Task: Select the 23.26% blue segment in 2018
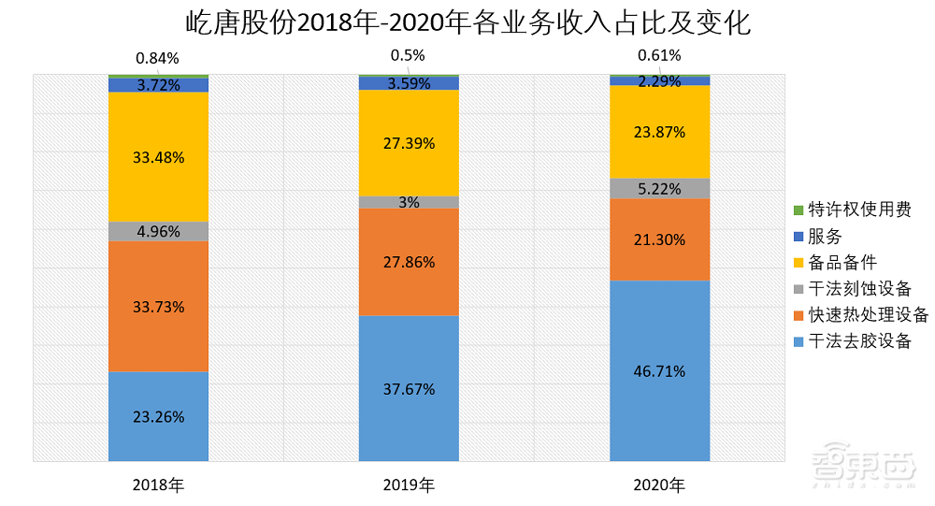click(158, 416)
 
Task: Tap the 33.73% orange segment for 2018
click(158, 307)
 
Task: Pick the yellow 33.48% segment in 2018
click(158, 156)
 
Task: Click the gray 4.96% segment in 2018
click(158, 231)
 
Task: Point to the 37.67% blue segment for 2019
click(409, 388)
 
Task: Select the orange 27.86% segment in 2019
click(409, 262)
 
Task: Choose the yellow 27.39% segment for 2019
click(409, 143)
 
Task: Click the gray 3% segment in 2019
click(409, 202)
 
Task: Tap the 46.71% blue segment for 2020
click(659, 370)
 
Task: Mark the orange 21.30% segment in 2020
click(659, 239)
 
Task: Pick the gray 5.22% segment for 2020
click(659, 188)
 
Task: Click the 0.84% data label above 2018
click(158, 58)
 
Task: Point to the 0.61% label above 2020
click(659, 55)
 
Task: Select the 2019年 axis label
click(409, 485)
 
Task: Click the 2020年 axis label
click(659, 485)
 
